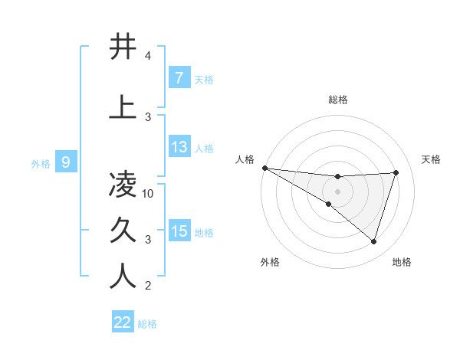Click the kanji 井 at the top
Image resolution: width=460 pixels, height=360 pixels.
(x=123, y=47)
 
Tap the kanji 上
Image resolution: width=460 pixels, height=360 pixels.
(x=123, y=106)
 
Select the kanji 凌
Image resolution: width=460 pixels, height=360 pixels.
(x=123, y=184)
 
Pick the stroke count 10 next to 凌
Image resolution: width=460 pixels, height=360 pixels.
(x=149, y=193)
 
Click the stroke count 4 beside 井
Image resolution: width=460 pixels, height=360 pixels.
(x=148, y=56)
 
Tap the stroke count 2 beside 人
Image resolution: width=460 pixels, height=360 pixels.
(x=148, y=286)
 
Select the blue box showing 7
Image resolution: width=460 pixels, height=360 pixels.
(x=179, y=78)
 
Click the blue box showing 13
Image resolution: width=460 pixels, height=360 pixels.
(x=179, y=147)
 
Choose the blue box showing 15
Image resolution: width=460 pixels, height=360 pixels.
(x=179, y=231)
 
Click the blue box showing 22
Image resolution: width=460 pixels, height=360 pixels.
(x=122, y=323)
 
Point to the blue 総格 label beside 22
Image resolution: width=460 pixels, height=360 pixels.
(x=147, y=324)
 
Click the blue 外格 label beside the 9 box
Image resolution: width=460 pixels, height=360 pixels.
(x=41, y=163)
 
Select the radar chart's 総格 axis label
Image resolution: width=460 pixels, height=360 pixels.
(x=337, y=100)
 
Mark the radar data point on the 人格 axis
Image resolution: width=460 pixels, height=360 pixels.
(x=264, y=167)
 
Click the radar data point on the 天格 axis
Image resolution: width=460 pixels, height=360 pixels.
(x=396, y=172)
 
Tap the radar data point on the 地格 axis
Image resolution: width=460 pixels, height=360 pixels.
(x=373, y=241)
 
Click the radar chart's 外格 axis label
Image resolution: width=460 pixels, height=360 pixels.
(x=270, y=262)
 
